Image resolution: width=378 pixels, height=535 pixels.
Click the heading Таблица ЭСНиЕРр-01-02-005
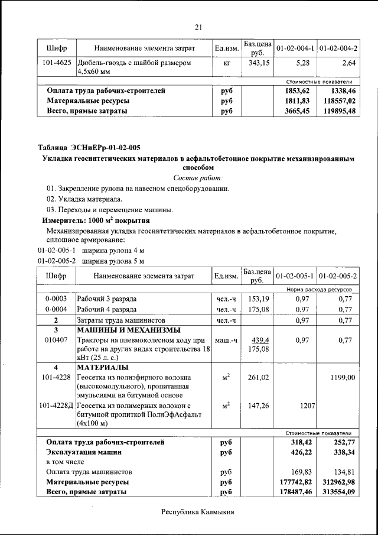(x=89, y=147)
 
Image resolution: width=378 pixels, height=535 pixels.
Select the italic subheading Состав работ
(x=198, y=178)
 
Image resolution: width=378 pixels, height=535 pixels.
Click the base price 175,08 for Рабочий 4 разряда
(x=259, y=309)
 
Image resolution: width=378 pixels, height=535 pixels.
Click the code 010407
(x=57, y=341)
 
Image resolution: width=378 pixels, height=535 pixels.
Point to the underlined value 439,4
(x=260, y=341)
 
